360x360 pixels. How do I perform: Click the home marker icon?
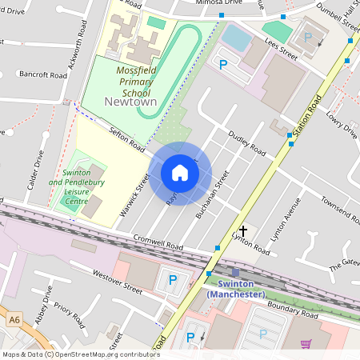180,173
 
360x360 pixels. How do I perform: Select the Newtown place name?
130,102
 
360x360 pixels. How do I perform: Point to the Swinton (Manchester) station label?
235,289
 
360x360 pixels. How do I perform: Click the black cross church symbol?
243,230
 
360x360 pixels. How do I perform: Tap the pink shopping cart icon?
306,344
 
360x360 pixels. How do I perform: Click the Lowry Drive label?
341,125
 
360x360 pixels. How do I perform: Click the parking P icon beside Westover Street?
172,280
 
